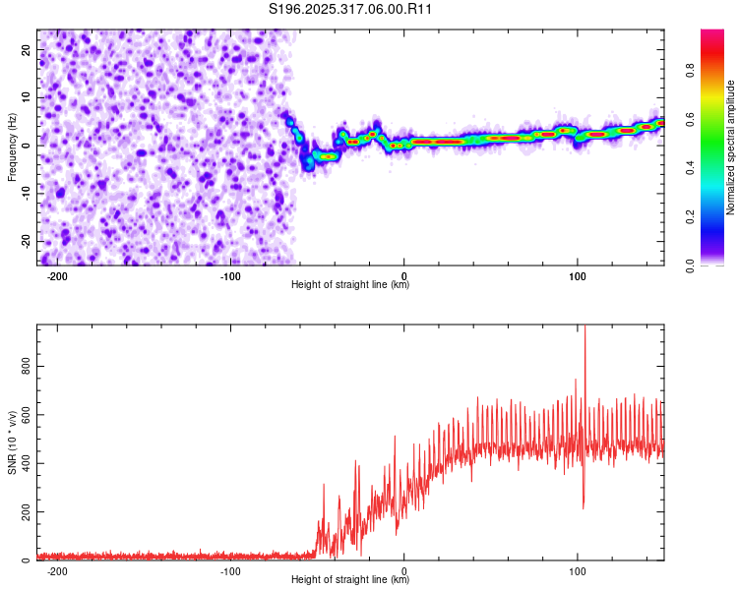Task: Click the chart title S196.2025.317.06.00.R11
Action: click(x=351, y=10)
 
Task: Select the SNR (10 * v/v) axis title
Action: click(x=12, y=442)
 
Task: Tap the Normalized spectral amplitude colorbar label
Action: click(x=731, y=147)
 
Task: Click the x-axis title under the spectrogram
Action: click(x=351, y=285)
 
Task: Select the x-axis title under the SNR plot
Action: click(x=351, y=580)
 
